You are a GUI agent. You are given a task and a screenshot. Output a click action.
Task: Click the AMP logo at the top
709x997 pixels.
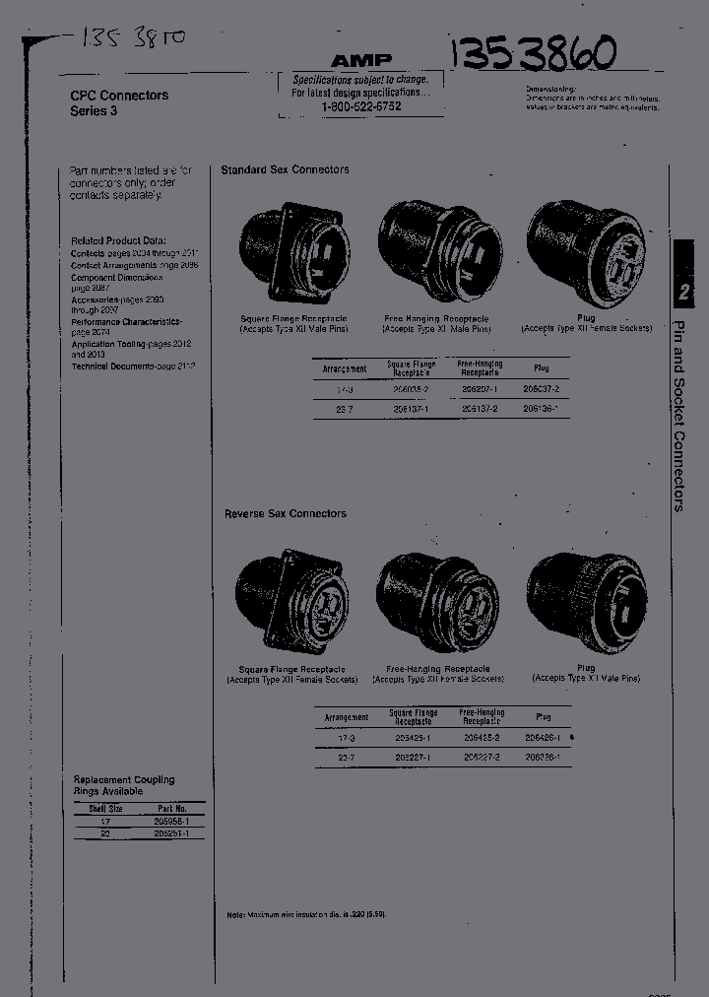click(x=361, y=60)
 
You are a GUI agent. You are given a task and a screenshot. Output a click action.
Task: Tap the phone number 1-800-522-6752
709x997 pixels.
click(x=360, y=105)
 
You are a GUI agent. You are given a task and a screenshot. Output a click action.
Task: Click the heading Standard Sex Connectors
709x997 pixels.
click(x=285, y=169)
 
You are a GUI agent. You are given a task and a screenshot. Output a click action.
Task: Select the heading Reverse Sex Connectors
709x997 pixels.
click(x=286, y=513)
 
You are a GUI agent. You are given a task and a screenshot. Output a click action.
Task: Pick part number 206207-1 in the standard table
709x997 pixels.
click(x=480, y=389)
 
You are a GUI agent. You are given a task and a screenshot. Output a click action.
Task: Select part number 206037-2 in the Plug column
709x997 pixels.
click(x=542, y=389)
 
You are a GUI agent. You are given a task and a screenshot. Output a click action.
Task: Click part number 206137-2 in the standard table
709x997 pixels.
click(x=480, y=407)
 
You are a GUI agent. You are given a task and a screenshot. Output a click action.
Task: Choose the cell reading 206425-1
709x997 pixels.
click(x=413, y=737)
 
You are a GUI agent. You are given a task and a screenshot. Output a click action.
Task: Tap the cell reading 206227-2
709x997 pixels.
click(x=481, y=756)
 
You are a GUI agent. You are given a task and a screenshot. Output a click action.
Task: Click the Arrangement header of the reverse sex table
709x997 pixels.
click(x=347, y=717)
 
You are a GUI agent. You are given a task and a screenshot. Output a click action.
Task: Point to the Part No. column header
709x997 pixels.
click(x=164, y=808)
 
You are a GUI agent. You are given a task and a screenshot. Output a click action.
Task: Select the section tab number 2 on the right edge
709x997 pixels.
click(x=684, y=292)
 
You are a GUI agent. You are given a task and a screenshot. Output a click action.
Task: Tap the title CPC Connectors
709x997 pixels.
click(x=119, y=96)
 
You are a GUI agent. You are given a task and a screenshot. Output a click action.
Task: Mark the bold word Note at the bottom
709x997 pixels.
click(x=235, y=914)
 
